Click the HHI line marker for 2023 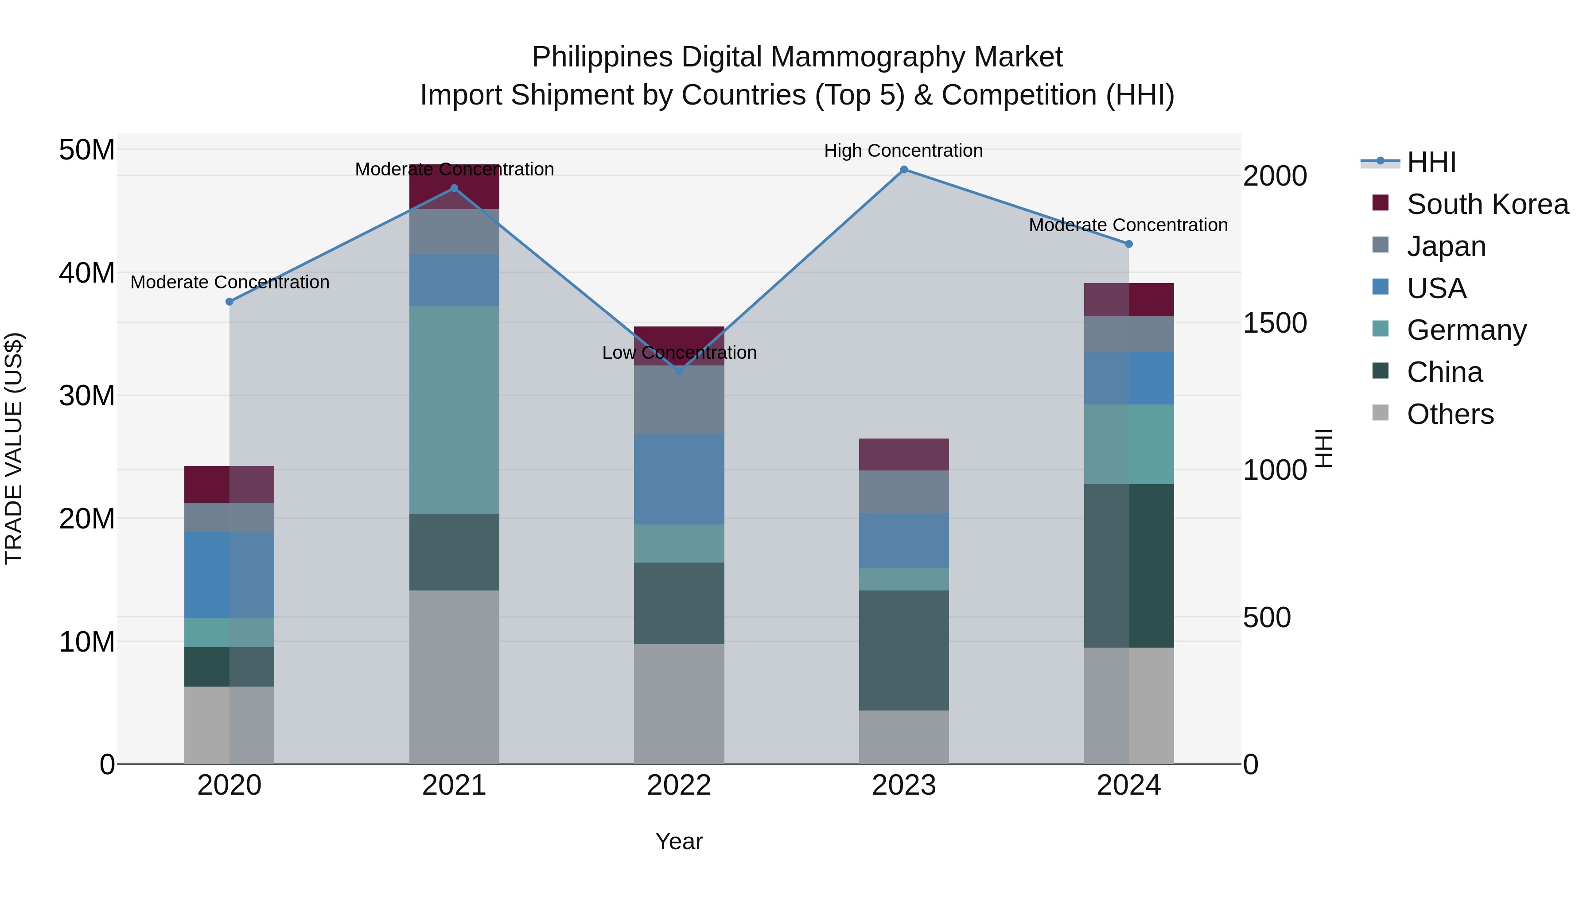[903, 170]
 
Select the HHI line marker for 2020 [229, 302]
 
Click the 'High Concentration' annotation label [903, 151]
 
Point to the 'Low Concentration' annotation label [679, 353]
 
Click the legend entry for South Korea [1487, 204]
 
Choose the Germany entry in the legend [1466, 330]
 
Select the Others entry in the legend [1450, 414]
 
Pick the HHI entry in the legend [1431, 162]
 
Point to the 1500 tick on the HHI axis [1274, 323]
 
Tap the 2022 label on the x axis [679, 785]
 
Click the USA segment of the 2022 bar [679, 479]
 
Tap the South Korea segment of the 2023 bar [903, 454]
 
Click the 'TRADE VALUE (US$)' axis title [14, 448]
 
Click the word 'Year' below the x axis [679, 841]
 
